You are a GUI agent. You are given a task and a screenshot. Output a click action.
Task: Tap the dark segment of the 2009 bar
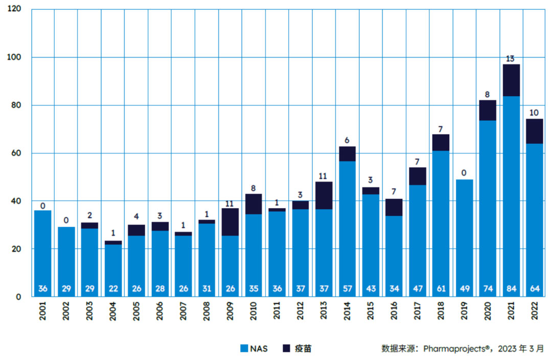tap(230, 222)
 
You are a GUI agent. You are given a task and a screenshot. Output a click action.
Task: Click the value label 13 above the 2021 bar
tap(510, 59)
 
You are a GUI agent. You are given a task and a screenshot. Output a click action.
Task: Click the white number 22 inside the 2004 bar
tap(113, 289)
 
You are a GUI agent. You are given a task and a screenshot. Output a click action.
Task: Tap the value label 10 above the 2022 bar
tap(534, 113)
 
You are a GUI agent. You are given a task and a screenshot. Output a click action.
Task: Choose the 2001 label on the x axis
tap(42, 311)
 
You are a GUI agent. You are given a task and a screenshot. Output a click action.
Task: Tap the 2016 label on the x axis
tap(394, 311)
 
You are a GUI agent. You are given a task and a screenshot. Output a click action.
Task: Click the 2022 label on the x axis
tap(534, 311)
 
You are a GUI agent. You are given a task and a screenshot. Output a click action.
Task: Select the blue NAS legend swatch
tap(245, 349)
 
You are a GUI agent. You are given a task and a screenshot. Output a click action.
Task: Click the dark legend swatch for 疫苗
tap(287, 349)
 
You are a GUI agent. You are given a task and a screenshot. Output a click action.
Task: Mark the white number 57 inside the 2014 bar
tap(348, 289)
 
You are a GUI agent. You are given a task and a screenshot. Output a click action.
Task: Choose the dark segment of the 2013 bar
tap(324, 195)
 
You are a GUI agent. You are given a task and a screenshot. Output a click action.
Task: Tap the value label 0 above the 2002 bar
tap(66, 221)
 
